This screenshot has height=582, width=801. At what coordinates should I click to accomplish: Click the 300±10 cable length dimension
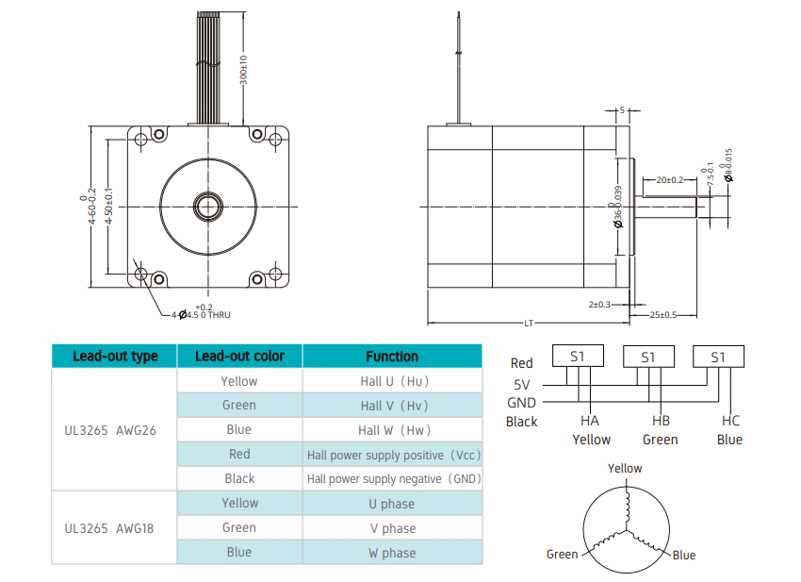click(x=244, y=70)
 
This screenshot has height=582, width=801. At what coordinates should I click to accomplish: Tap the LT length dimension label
click(x=529, y=324)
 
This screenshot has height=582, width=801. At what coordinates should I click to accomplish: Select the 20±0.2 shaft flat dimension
click(x=669, y=180)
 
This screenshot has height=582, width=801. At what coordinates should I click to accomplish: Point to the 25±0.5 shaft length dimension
click(x=663, y=315)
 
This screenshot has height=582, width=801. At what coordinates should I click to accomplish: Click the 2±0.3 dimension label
click(x=599, y=305)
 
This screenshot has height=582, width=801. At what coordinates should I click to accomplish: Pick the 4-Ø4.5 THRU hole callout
click(x=201, y=312)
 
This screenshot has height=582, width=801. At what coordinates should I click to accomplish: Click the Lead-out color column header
click(x=239, y=356)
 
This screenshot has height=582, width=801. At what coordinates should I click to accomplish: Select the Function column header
click(x=392, y=357)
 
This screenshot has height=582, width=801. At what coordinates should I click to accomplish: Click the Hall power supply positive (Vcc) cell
click(x=393, y=456)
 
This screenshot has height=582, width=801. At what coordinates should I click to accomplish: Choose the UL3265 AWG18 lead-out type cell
click(x=108, y=528)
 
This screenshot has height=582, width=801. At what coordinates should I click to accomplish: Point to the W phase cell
click(x=392, y=553)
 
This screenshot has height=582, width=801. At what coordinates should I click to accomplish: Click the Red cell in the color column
click(x=239, y=454)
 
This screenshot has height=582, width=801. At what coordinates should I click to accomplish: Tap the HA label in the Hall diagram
click(x=590, y=421)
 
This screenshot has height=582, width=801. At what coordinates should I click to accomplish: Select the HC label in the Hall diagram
click(x=730, y=421)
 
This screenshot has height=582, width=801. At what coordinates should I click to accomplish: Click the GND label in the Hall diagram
click(x=521, y=403)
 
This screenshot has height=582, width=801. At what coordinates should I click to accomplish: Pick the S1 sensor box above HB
click(x=648, y=357)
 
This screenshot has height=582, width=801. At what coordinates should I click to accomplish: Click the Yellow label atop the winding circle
click(x=625, y=468)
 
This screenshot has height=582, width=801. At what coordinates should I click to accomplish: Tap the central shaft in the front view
click(x=208, y=207)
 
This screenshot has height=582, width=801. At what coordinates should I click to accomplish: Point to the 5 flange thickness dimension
click(x=622, y=110)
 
